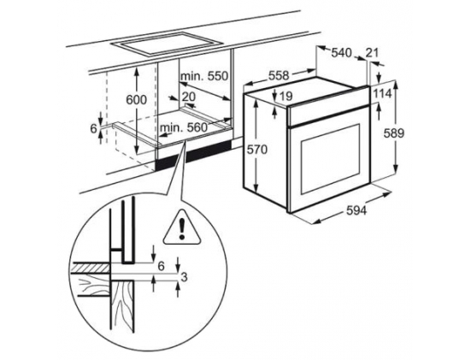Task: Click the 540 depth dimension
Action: (x=341, y=53)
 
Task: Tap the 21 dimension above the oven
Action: (x=373, y=53)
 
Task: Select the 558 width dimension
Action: (x=279, y=75)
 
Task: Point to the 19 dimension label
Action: (x=286, y=96)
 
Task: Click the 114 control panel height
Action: (x=383, y=94)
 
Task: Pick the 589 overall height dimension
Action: (x=394, y=133)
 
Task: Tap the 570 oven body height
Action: (x=256, y=150)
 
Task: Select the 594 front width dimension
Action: (x=356, y=210)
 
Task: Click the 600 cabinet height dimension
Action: (x=137, y=100)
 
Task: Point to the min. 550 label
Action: (x=204, y=76)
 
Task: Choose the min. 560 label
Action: (x=184, y=127)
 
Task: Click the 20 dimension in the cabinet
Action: (x=189, y=97)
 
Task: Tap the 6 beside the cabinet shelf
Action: (x=94, y=129)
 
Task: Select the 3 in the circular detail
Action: (x=184, y=277)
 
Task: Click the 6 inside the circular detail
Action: (x=162, y=266)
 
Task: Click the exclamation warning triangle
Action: (x=182, y=227)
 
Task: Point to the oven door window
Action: (x=331, y=159)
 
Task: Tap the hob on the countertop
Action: (x=167, y=44)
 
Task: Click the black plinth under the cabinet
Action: (x=194, y=155)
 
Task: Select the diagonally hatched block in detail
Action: (x=90, y=268)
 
